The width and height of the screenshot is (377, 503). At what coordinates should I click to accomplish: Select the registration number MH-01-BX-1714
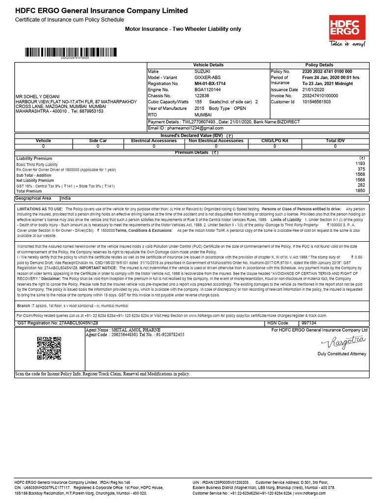(210, 84)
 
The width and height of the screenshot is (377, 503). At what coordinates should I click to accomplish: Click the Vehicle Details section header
(208, 65)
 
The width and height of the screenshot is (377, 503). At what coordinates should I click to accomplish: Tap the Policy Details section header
(319, 65)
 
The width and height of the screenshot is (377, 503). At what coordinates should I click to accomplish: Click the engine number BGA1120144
(208, 90)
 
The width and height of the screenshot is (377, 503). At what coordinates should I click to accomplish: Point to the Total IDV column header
(335, 140)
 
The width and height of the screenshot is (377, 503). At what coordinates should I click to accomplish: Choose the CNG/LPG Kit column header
(275, 140)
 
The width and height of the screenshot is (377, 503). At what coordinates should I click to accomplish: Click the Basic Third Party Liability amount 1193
(360, 163)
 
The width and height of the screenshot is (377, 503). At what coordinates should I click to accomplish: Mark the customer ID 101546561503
(317, 102)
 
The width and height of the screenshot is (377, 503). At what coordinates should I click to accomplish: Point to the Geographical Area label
(33, 198)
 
